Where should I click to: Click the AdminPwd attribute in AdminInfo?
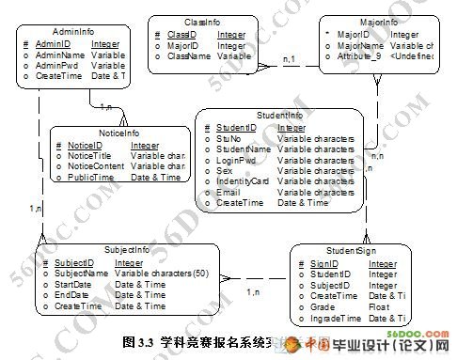55,66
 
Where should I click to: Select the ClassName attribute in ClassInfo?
192,56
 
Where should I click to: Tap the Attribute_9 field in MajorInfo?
360,56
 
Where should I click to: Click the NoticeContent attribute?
96,166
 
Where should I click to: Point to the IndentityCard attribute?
243,180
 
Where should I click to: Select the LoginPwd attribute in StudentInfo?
236,159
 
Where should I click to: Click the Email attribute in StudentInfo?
228,192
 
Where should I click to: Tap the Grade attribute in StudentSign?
323,307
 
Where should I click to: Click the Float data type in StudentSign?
378,307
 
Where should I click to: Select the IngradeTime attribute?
336,319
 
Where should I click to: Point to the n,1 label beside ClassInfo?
291,60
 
